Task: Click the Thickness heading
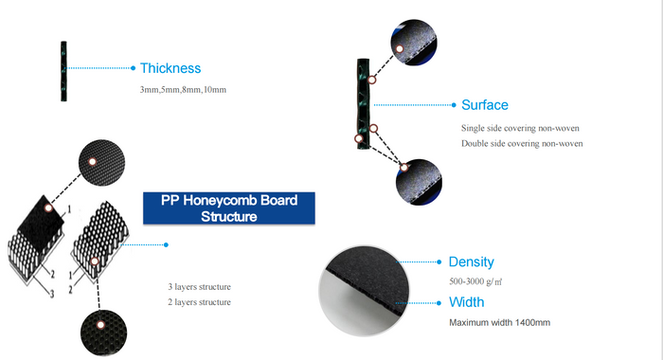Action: pyautogui.click(x=170, y=68)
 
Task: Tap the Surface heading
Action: pyautogui.click(x=484, y=104)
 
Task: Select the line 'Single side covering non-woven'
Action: pyautogui.click(x=520, y=127)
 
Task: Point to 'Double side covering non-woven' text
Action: pyautogui.click(x=522, y=143)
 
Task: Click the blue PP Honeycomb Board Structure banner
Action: pyautogui.click(x=228, y=208)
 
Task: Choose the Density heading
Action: pyautogui.click(x=471, y=261)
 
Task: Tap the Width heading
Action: pyautogui.click(x=466, y=302)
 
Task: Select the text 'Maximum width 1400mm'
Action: pyautogui.click(x=499, y=323)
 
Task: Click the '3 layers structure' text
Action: pyautogui.click(x=199, y=286)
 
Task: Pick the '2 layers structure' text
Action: pyautogui.click(x=199, y=301)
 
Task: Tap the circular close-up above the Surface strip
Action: pyautogui.click(x=411, y=44)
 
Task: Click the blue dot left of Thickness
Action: pyautogui.click(x=134, y=68)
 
